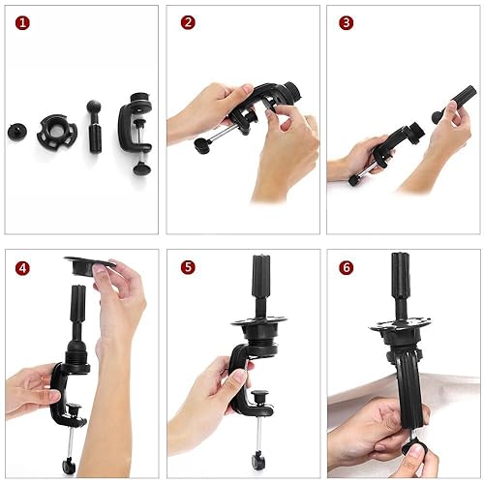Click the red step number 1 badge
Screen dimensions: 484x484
point(22,21)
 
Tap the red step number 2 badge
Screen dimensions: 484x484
point(188,21)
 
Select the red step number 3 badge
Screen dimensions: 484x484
point(346,21)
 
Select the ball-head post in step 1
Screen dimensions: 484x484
point(95,126)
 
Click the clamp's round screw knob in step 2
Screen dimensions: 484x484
point(201,146)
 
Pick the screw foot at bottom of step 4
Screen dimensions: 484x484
point(70,464)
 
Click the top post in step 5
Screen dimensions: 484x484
point(260,281)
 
